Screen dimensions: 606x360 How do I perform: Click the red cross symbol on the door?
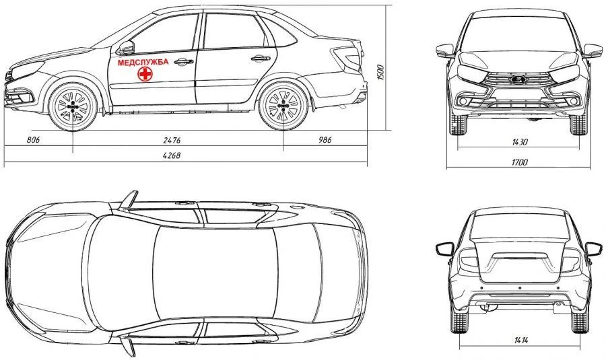coord(145,74)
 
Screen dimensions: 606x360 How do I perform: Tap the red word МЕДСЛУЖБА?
coord(143,62)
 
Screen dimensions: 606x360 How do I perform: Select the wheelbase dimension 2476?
coord(172,140)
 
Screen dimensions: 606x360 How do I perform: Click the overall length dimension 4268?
coord(172,155)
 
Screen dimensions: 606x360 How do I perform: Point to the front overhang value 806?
coord(33,140)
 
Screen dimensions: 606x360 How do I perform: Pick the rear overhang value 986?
coord(325,140)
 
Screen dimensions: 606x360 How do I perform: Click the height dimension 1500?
coord(380,73)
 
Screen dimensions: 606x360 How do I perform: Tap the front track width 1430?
coord(519,142)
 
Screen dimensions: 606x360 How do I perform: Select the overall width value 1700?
coord(519,162)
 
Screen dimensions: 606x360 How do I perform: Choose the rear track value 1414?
coord(521,340)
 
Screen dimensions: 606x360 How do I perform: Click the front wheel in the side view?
coord(73,106)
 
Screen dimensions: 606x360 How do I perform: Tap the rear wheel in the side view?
coord(283,106)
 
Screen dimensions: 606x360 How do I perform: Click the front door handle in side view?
coord(183,61)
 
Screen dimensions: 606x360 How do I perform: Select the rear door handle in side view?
coord(261,59)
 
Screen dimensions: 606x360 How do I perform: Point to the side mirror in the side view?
coord(126,48)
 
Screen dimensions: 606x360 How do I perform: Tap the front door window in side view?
coord(165,34)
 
